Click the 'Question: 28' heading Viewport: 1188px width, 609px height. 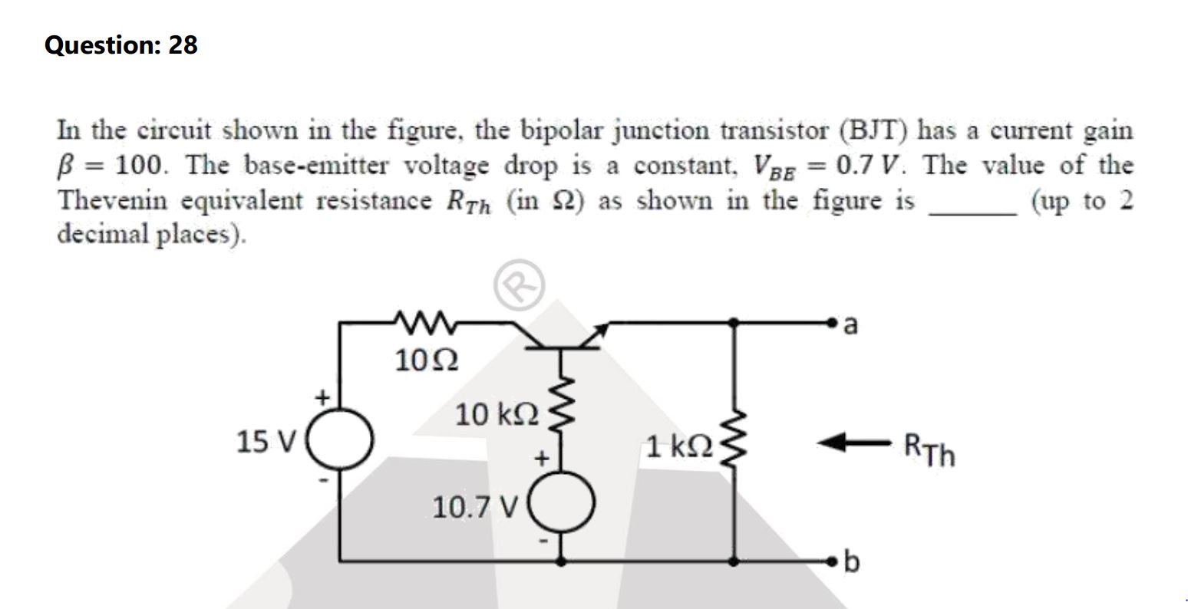(x=121, y=46)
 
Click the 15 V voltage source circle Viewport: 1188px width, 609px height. (x=341, y=441)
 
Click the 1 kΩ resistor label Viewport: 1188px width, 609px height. (x=678, y=445)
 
